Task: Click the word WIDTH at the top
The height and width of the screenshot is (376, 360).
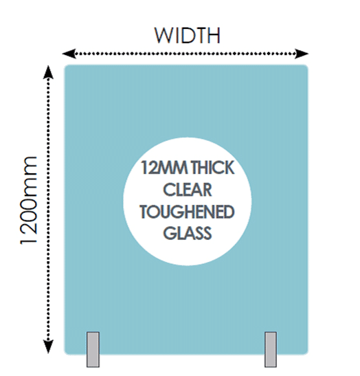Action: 187,36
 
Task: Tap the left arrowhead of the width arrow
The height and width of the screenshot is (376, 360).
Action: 69,54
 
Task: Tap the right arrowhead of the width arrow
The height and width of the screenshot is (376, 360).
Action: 302,54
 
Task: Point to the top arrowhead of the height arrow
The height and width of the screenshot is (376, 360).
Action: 48,72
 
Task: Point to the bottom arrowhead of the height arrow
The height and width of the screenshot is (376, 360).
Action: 48,346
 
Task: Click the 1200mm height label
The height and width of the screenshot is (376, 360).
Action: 29,201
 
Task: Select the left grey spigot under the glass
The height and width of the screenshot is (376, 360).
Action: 93,349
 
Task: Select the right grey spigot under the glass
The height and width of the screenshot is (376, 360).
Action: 271,349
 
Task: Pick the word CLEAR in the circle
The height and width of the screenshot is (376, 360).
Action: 188,190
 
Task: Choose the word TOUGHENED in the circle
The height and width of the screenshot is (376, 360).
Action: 187,212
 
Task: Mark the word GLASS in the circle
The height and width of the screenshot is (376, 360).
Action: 188,233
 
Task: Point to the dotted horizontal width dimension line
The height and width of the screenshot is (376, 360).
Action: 185,54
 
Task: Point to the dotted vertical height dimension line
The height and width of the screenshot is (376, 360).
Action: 48,210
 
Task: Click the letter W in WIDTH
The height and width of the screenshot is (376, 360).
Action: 163,36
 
